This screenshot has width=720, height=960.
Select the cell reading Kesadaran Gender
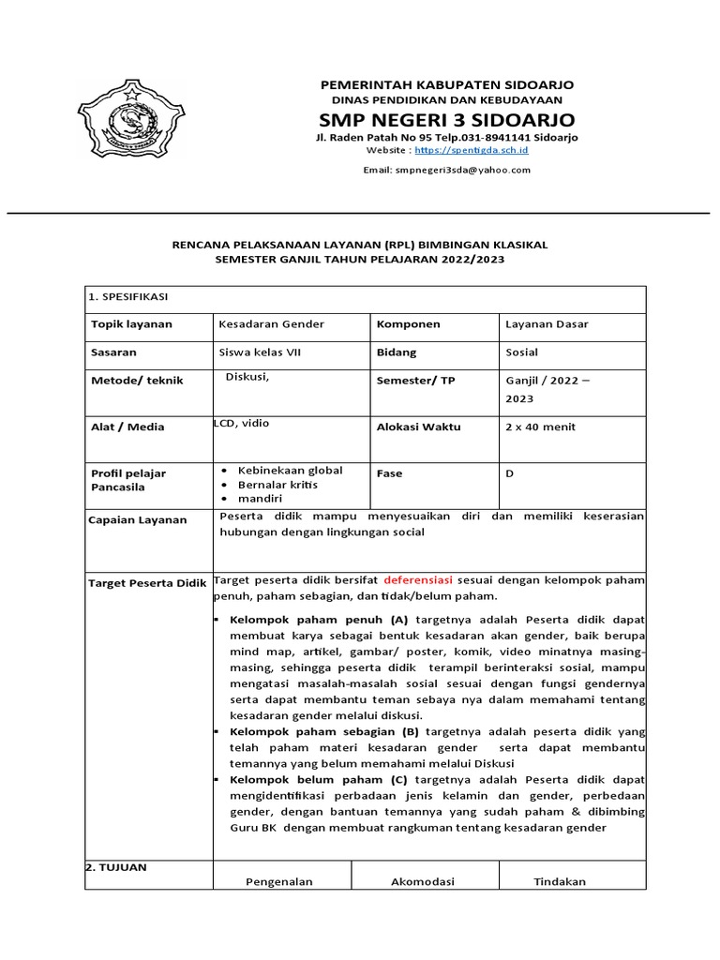point(271,324)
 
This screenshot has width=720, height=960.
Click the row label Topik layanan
point(128,324)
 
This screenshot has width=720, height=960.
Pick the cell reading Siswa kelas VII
point(260,352)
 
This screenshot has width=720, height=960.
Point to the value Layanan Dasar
point(547,324)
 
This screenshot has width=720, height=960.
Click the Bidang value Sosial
point(523,352)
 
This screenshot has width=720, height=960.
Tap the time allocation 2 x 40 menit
point(540,427)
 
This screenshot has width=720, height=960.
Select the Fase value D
point(510,473)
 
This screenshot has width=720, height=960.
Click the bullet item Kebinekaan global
point(289,471)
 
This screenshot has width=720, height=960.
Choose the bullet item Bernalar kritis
point(277,486)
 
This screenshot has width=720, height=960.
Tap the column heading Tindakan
point(560,881)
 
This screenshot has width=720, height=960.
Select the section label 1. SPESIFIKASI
point(127,296)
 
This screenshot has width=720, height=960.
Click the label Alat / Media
point(127,427)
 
